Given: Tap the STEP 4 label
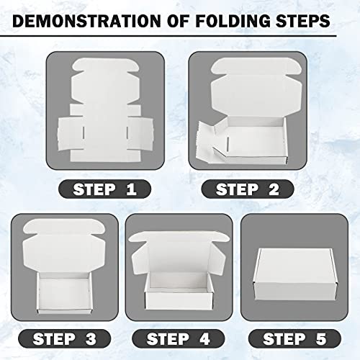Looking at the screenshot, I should coord(180,337).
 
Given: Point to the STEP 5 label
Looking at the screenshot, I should coord(297,337).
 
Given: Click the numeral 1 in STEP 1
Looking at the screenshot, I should coord(130,190).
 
